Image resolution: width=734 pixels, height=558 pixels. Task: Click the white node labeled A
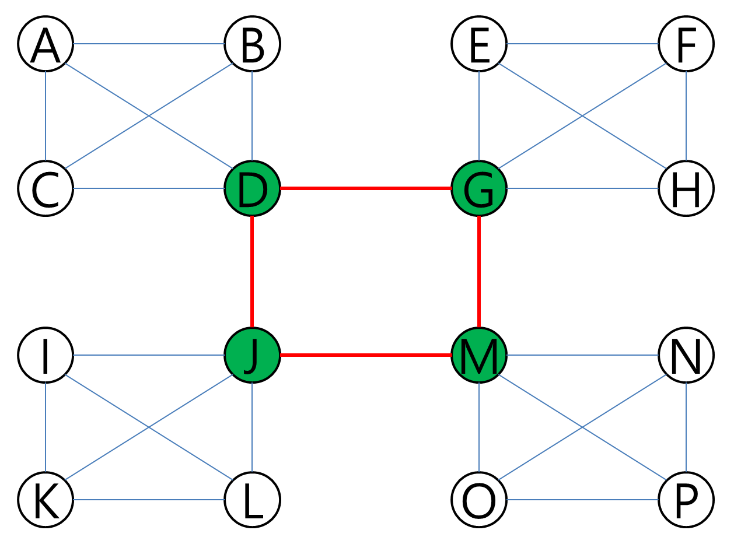click(x=46, y=44)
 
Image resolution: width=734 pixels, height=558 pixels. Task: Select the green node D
click(x=253, y=188)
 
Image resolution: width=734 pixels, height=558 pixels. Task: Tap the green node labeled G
click(x=479, y=188)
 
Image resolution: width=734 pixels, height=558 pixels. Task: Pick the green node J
click(x=253, y=355)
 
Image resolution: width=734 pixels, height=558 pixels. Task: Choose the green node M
click(x=479, y=355)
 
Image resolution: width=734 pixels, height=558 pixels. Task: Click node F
click(x=686, y=44)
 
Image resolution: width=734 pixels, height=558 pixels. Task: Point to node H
click(x=686, y=188)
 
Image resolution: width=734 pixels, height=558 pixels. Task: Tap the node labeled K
click(x=46, y=500)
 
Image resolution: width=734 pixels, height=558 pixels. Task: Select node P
click(x=686, y=500)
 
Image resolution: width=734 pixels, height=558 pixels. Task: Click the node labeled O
click(x=479, y=500)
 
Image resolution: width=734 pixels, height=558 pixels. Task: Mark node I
click(x=46, y=355)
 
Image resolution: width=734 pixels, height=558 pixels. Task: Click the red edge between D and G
click(x=366, y=188)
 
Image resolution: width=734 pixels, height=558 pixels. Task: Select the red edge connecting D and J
click(x=253, y=271)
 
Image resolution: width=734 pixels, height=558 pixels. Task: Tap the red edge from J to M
click(x=366, y=355)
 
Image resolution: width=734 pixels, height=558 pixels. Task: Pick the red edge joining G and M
click(x=479, y=271)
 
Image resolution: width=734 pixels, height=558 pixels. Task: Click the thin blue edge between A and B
click(x=149, y=44)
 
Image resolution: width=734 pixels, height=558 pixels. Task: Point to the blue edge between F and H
click(x=686, y=116)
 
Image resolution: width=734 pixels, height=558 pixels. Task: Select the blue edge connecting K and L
click(x=149, y=500)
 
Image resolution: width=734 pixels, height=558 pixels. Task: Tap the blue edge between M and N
click(x=582, y=355)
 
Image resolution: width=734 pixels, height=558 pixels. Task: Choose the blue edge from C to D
click(x=149, y=188)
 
